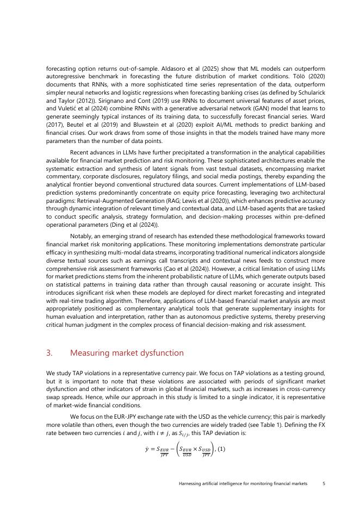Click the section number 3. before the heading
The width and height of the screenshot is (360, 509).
coord(50,353)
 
